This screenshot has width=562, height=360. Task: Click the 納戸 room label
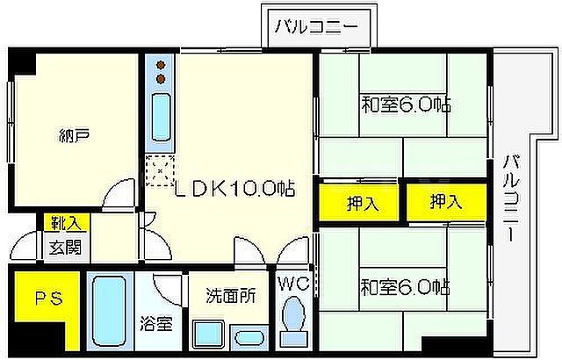click(x=76, y=135)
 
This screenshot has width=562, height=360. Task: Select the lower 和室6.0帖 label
click(x=405, y=286)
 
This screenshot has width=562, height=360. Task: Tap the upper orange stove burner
click(x=162, y=65)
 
